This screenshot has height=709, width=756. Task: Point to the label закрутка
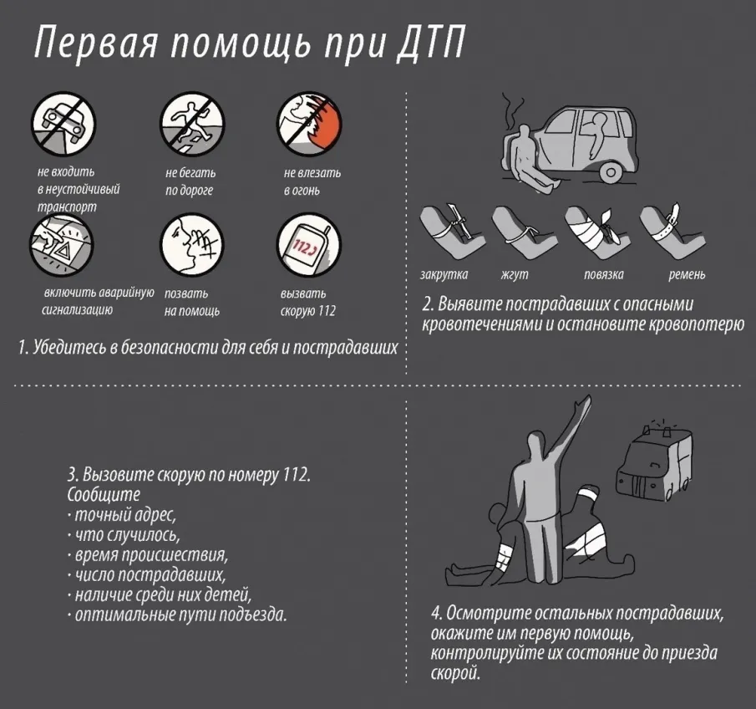click(x=444, y=274)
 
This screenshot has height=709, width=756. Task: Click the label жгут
click(x=515, y=274)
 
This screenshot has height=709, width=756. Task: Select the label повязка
click(x=604, y=274)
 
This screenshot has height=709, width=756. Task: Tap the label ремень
click(x=687, y=274)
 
